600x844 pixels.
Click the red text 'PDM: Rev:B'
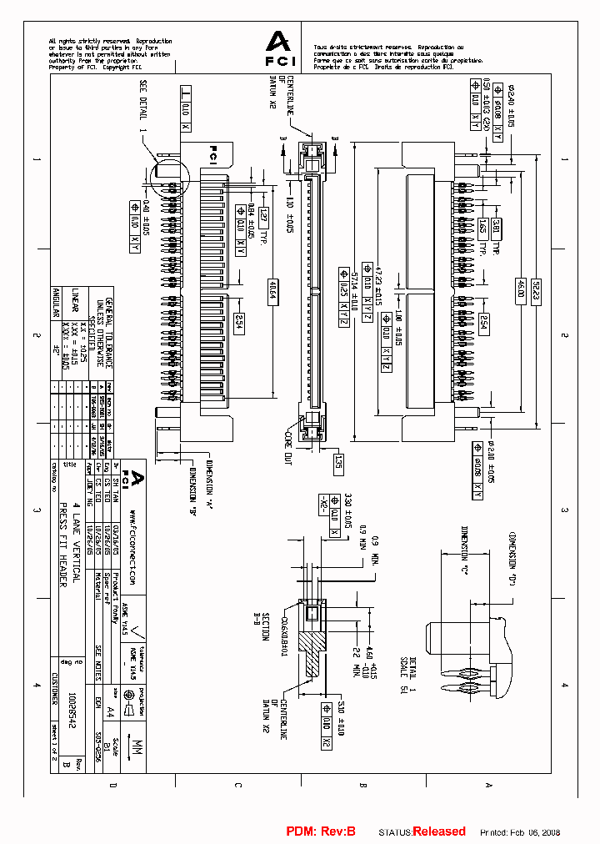pyautogui.click(x=321, y=831)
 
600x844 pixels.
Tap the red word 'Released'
pyautogui.click(x=439, y=831)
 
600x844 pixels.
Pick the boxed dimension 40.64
pyautogui.click(x=273, y=294)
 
